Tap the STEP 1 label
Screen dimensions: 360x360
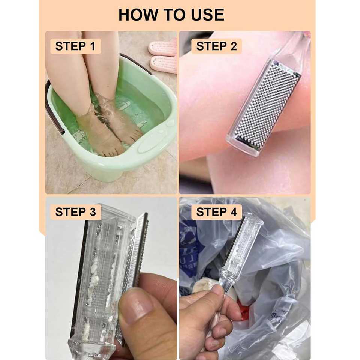coord(75,46)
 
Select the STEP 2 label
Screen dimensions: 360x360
coord(216,46)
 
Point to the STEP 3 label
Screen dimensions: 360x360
coord(75,212)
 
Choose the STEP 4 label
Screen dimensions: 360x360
coord(216,212)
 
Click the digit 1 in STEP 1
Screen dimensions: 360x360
coord(93,46)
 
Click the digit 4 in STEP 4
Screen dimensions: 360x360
coord(234,212)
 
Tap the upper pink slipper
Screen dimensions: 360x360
coord(163,47)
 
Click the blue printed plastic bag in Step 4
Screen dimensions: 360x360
coord(191,246)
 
